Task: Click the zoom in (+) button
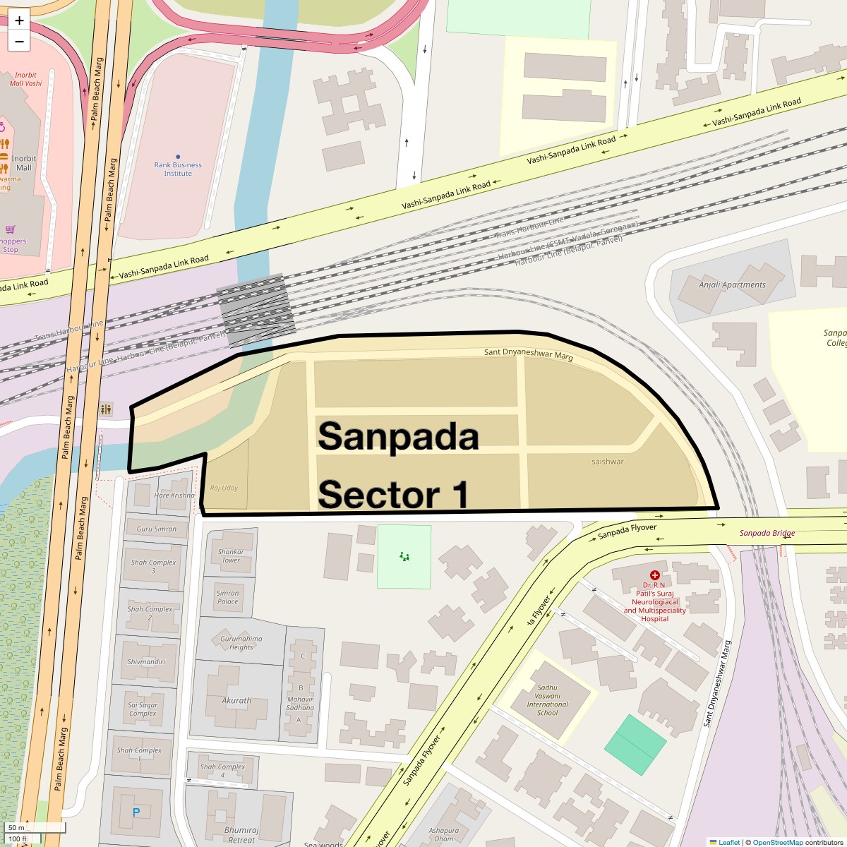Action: point(19,20)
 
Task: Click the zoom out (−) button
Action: point(19,42)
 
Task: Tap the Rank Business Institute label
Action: point(178,169)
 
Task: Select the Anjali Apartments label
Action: point(732,285)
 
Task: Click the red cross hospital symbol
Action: point(655,575)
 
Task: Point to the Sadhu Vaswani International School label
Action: point(547,700)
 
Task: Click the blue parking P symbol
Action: point(136,812)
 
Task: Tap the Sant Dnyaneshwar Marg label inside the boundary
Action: point(528,354)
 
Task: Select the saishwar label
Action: point(608,462)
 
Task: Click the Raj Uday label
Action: point(224,488)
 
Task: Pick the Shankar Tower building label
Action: point(231,556)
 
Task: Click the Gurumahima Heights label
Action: point(241,643)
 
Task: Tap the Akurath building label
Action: point(236,701)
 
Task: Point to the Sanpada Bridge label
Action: point(767,534)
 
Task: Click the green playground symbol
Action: point(404,557)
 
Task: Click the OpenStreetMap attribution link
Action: point(777,842)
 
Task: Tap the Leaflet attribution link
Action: point(729,842)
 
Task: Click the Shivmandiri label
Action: point(146,662)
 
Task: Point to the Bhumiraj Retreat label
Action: point(241,835)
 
